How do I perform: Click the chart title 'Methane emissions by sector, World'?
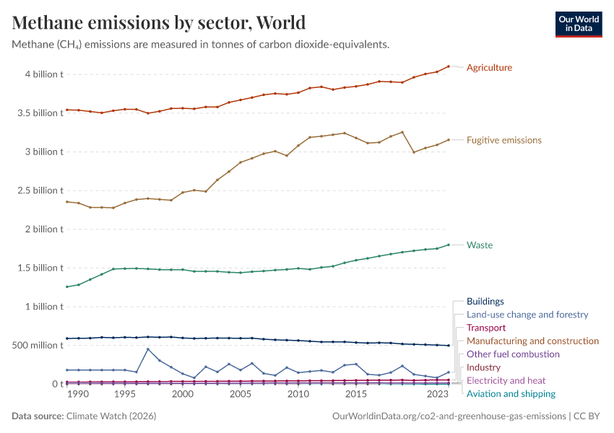(x=159, y=22)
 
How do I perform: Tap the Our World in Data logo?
(x=578, y=23)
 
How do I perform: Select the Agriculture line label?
(x=489, y=68)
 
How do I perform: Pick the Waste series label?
(x=479, y=245)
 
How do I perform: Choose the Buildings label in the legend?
(x=485, y=302)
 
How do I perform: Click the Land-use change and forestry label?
(x=527, y=315)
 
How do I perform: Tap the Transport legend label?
(x=485, y=328)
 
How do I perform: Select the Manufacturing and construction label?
(x=532, y=341)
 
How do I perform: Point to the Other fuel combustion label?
(x=513, y=354)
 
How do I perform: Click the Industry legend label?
(x=483, y=367)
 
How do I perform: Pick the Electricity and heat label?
(x=506, y=380)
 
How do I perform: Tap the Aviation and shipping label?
(x=511, y=394)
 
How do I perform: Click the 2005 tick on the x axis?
(x=240, y=395)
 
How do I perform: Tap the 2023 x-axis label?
(x=437, y=395)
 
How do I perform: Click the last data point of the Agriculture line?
(x=449, y=66)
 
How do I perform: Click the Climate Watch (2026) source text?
(x=111, y=416)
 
